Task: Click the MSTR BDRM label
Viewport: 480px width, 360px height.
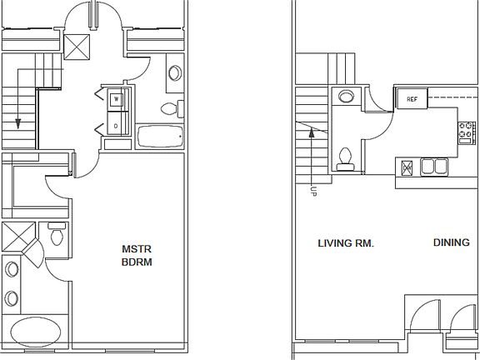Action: coord(137,255)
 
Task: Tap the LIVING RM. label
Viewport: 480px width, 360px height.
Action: coord(346,244)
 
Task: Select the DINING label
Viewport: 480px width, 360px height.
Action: coord(451,243)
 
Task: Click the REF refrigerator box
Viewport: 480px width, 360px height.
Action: coord(412,99)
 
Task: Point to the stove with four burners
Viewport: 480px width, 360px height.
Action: coord(467,131)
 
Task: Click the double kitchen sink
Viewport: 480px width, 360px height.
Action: coord(432,167)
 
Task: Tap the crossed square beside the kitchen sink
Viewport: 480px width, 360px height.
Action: coord(407,167)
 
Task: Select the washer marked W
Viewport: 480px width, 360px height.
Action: coord(116,98)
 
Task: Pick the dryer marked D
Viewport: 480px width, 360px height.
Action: coord(116,126)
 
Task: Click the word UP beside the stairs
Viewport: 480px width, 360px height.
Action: coord(313,191)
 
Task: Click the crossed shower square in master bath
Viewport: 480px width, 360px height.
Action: coord(17,237)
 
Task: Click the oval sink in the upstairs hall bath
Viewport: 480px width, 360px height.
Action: coord(176,72)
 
